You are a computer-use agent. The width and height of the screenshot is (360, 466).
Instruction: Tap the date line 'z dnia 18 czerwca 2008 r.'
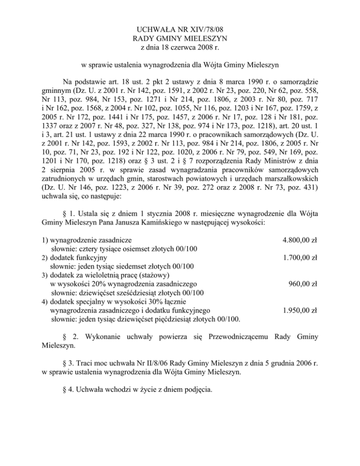(180, 47)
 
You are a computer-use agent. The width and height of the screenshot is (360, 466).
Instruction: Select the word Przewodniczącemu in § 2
(232, 336)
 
